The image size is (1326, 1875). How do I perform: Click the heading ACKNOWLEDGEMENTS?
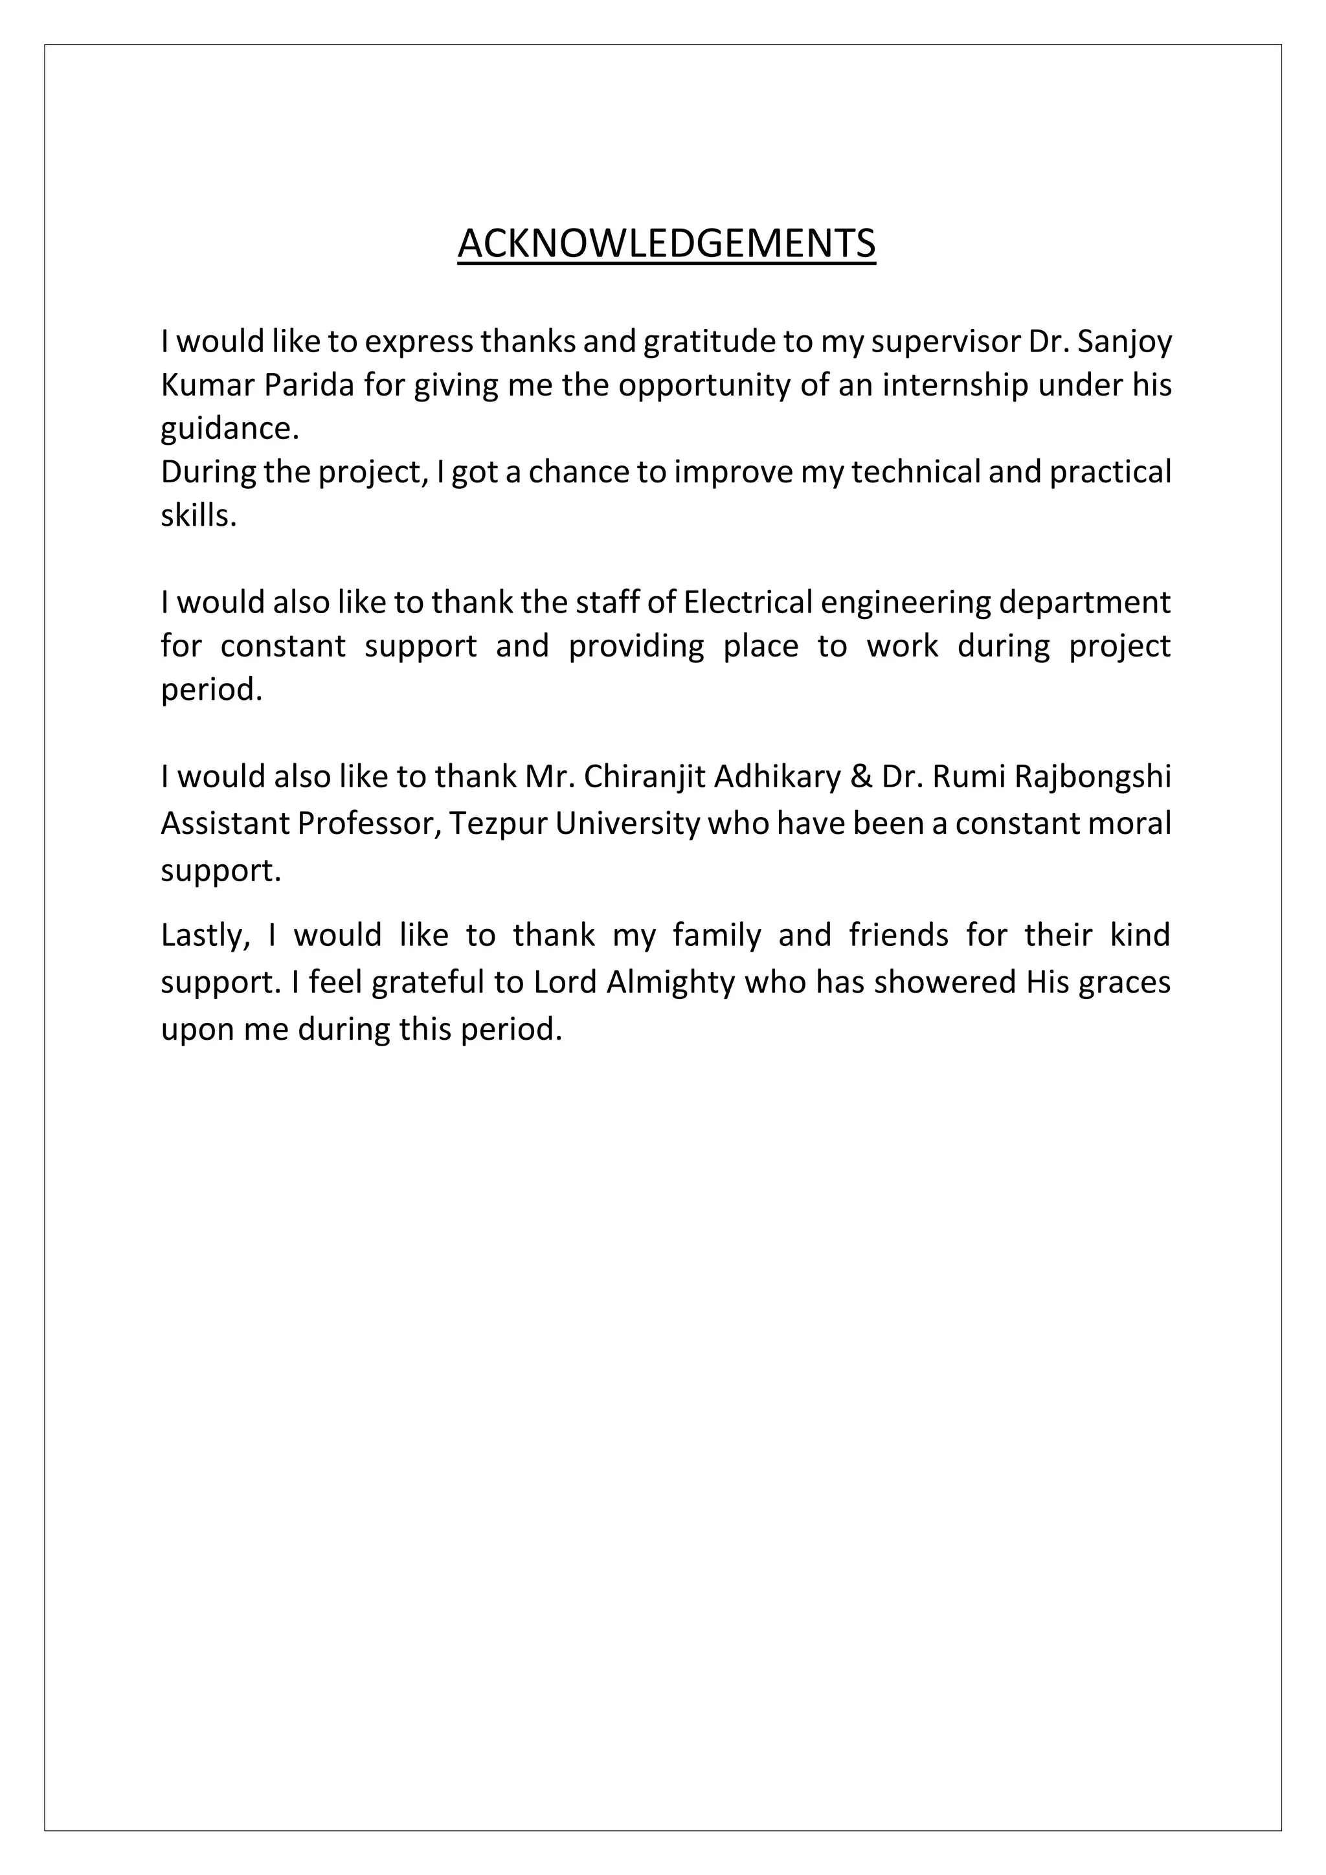click(x=666, y=243)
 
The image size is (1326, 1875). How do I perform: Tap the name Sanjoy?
click(x=1125, y=342)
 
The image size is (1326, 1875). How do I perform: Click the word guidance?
click(x=229, y=429)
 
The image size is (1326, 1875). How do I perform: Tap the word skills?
click(x=198, y=515)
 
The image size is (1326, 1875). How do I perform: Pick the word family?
click(x=717, y=935)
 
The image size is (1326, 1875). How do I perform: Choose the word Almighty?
click(x=671, y=982)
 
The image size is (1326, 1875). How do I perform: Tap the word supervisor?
click(x=945, y=342)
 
